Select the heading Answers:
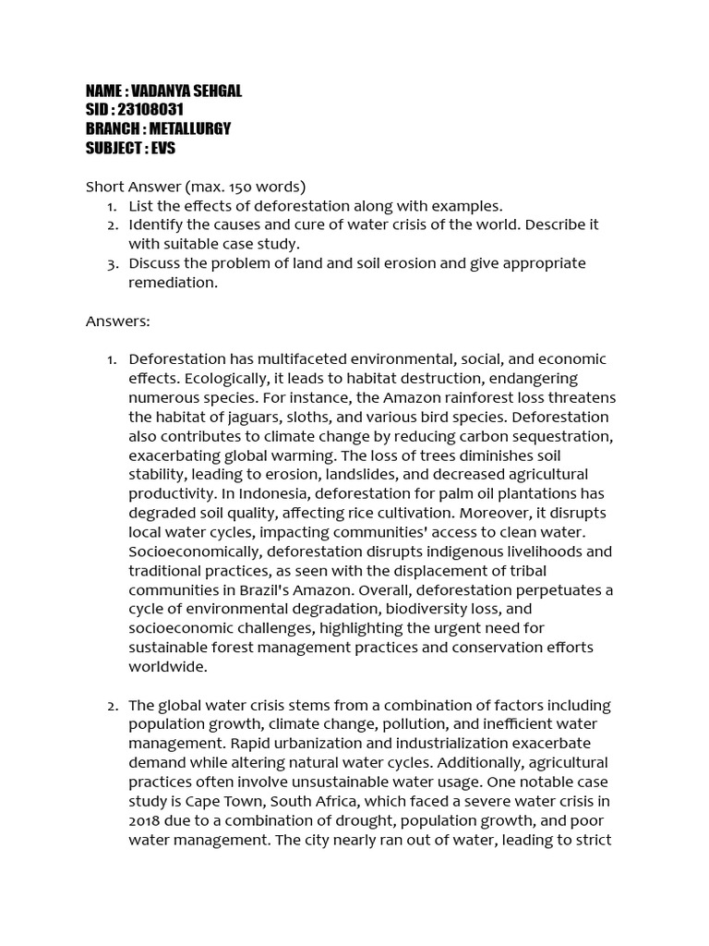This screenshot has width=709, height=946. [117, 321]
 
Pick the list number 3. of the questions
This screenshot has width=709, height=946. [113, 263]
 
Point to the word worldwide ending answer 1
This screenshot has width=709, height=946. [167, 667]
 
